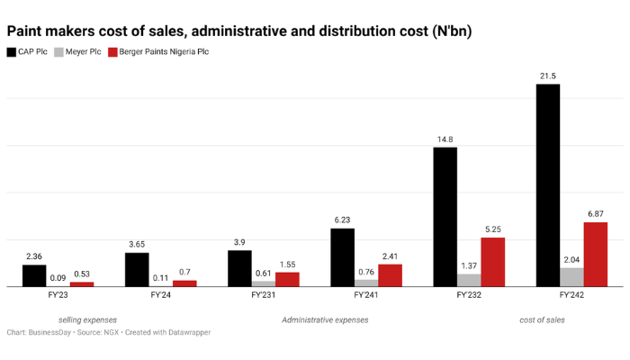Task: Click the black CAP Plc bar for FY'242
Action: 547,185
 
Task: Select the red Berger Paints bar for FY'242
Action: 595,255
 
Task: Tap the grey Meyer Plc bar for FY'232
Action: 469,280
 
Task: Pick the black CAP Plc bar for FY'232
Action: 445,217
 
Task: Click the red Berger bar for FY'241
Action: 390,275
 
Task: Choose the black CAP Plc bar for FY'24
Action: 137,269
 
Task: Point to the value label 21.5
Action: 547,75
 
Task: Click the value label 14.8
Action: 445,139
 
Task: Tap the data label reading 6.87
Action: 595,213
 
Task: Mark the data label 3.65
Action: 137,244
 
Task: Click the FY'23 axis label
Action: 58,295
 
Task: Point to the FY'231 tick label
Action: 264,295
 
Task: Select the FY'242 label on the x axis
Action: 571,295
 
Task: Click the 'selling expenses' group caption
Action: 87,319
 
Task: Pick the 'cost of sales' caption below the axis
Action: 543,319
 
